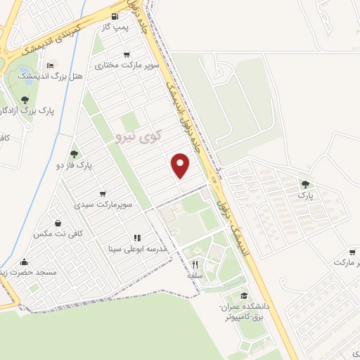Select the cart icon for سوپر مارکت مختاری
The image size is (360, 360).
pyautogui.click(x=127, y=54)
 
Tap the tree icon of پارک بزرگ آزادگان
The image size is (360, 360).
pyautogui.click(x=25, y=100)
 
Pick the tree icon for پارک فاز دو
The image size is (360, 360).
pyautogui.click(x=74, y=154)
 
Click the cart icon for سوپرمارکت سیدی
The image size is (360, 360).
pyautogui.click(x=103, y=193)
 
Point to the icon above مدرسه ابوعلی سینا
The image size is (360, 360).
pyautogui.click(x=137, y=238)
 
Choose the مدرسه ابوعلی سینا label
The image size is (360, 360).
pyautogui.click(x=136, y=249)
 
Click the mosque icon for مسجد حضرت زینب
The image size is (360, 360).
pyautogui.click(x=25, y=262)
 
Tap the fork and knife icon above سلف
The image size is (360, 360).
pyautogui.click(x=195, y=265)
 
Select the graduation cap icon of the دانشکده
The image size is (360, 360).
pyautogui.click(x=244, y=296)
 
